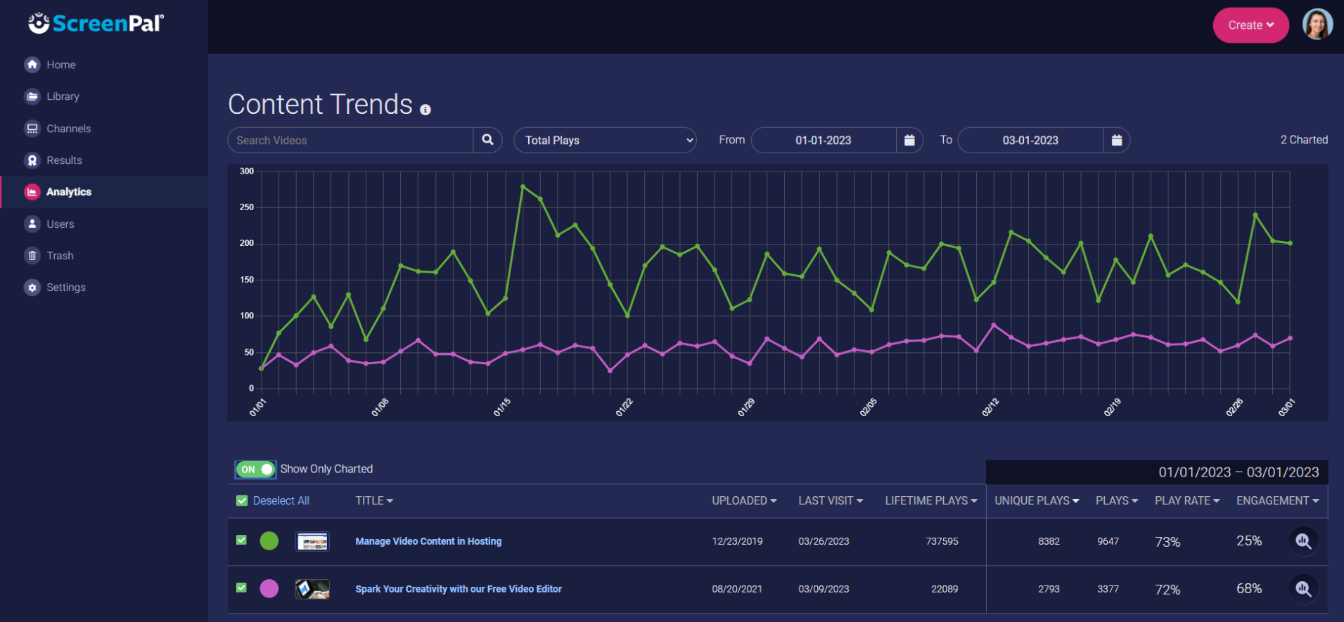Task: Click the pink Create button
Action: point(1250,25)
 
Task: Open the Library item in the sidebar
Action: point(63,96)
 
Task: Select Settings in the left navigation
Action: point(65,287)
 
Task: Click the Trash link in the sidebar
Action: point(60,256)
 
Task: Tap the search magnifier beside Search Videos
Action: point(487,140)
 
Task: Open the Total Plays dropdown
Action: point(605,141)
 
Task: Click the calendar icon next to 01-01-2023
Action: point(909,141)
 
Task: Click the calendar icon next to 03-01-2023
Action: point(1116,141)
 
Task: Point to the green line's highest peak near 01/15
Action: point(523,186)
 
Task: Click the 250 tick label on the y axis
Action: point(246,207)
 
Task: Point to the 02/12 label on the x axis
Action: point(990,407)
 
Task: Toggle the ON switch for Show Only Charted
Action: point(256,469)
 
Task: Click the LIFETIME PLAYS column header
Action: point(930,500)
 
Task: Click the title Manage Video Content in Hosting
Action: point(428,541)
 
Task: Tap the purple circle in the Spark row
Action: point(269,588)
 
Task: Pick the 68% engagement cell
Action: point(1249,588)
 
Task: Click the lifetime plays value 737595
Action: point(942,541)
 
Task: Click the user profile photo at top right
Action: point(1317,25)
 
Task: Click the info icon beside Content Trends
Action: point(425,110)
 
